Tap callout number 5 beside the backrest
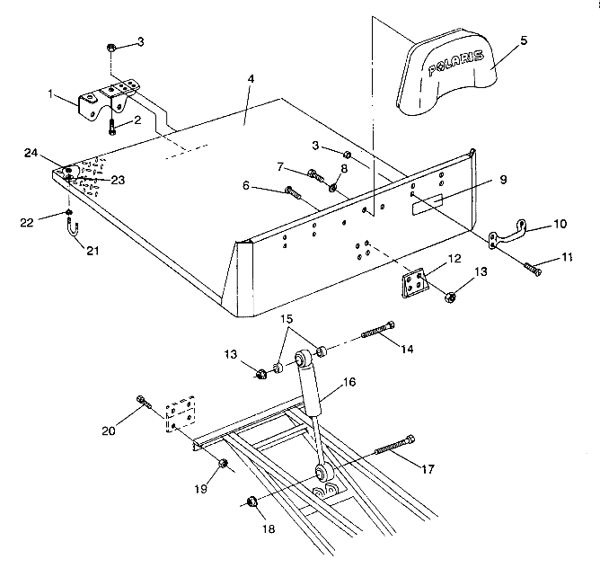(524, 40)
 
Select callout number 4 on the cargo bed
(251, 80)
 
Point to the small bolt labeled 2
(112, 127)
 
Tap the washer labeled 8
(333, 188)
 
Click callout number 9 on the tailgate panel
(503, 179)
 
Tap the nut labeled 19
(222, 464)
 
